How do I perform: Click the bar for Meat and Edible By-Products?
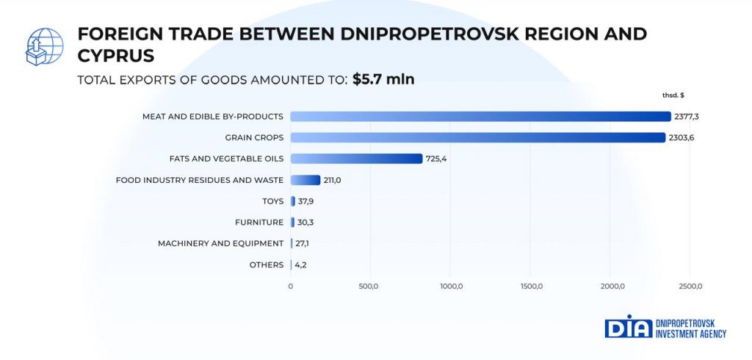point(480,116)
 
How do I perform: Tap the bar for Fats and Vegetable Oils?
point(356,159)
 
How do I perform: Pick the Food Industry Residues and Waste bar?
point(305,180)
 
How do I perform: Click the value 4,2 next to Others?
point(301,264)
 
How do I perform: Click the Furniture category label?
point(259,222)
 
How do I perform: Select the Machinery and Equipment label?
point(220,243)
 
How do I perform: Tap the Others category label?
point(267,264)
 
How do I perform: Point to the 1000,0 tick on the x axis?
point(450,286)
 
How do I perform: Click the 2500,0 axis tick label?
point(690,286)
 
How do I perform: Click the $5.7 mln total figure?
point(383,79)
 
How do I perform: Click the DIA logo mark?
point(628,328)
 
